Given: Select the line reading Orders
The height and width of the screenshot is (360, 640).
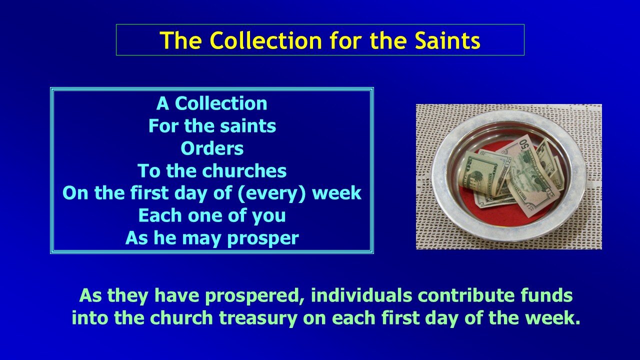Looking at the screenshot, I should coord(212,148).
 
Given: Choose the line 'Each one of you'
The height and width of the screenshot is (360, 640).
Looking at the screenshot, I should coord(212,216).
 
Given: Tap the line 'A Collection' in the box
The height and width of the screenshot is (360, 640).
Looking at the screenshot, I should coord(212,103).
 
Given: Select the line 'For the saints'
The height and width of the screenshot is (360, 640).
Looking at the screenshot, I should coord(212,126).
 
